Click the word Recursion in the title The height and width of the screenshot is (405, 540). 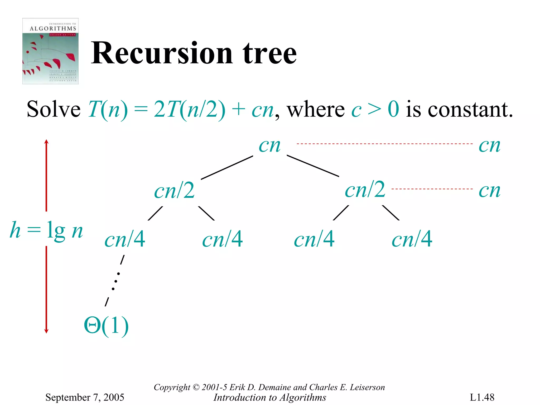pos(162,54)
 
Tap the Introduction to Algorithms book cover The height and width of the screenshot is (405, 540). pos(50,51)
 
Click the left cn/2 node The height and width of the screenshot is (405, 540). pos(174,191)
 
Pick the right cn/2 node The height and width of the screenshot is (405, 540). pos(365,190)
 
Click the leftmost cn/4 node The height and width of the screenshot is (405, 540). pos(125,239)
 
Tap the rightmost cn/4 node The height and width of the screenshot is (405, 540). pos(412,239)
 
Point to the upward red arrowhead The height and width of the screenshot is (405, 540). pos(46,142)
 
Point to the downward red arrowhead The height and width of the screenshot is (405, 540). pos(46,331)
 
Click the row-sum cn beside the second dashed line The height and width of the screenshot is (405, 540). pos(489,191)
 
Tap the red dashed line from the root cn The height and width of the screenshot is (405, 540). pos(384,144)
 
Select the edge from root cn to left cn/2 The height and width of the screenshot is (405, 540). pos(227,168)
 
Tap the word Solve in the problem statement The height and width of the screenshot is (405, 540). pos(54,110)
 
